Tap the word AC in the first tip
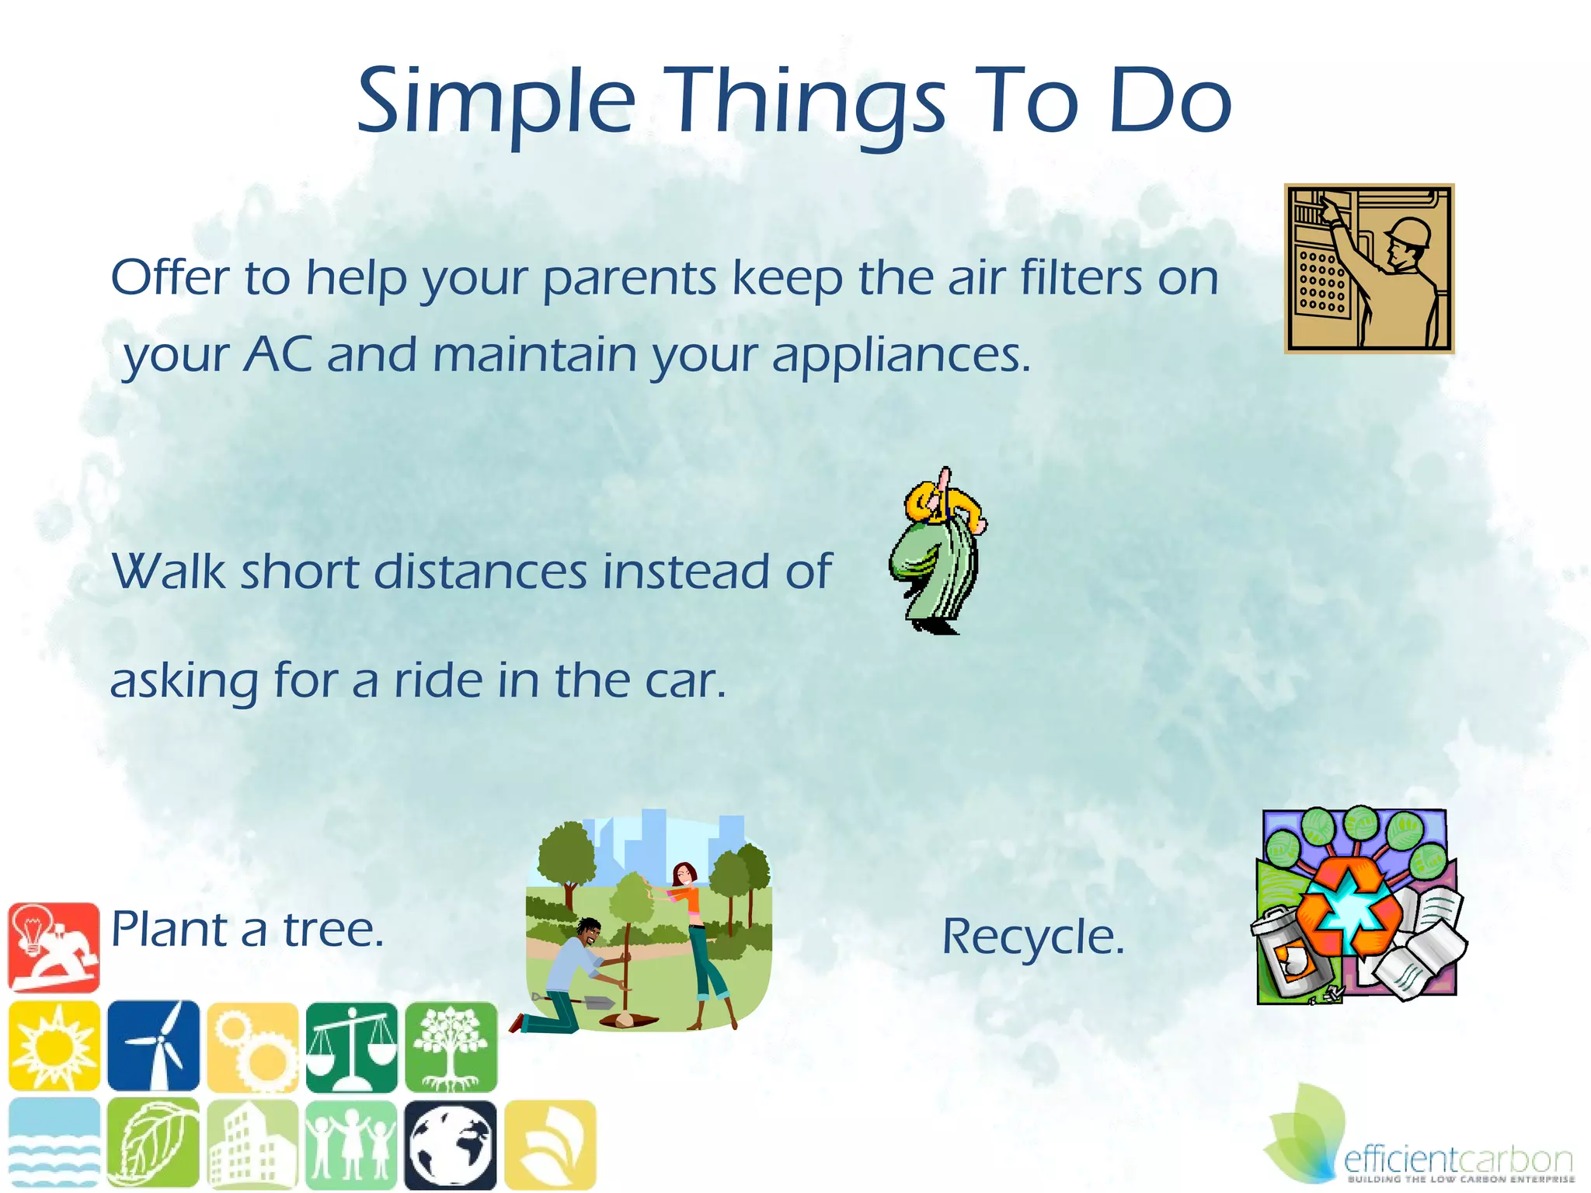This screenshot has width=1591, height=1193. [279, 355]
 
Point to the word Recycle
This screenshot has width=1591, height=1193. [1033, 937]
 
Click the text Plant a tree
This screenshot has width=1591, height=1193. [247, 930]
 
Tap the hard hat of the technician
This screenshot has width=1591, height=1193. [1408, 231]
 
